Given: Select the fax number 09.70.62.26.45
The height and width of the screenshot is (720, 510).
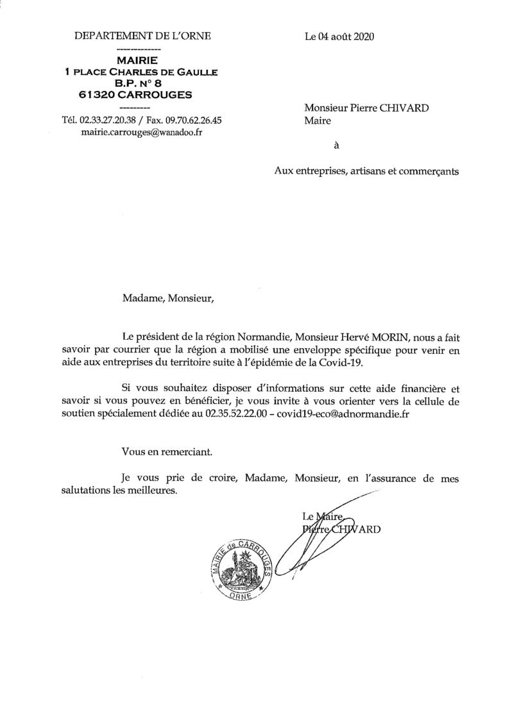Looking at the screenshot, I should (x=194, y=120).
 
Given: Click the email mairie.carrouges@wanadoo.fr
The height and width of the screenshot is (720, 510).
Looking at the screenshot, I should (x=142, y=132).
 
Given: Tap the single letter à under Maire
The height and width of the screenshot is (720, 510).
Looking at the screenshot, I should (x=337, y=145).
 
